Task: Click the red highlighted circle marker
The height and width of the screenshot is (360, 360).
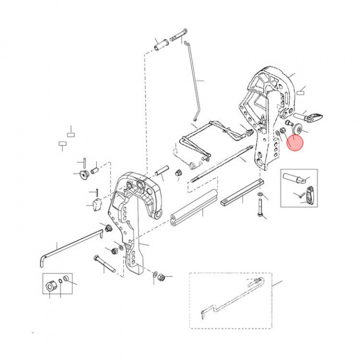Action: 295,142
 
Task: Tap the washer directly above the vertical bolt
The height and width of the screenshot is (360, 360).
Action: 259,194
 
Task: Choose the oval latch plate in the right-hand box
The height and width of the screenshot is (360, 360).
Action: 310,194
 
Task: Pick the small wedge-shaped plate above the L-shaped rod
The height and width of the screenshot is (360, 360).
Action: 96,205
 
